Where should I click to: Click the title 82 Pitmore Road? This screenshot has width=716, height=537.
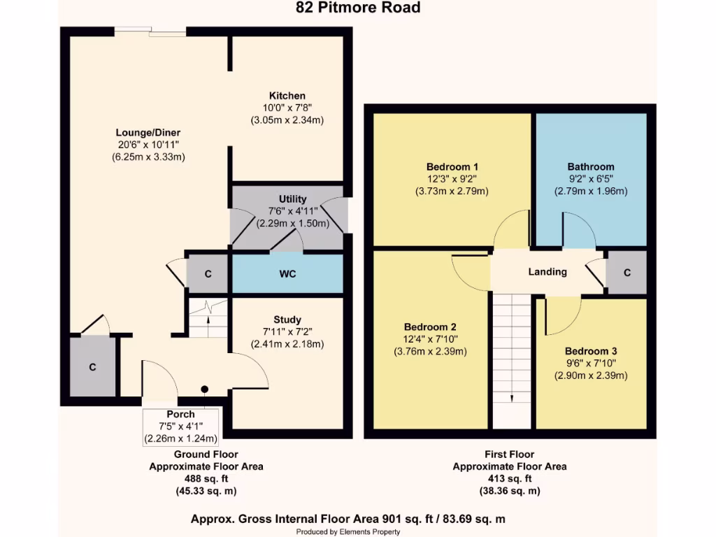[x=357, y=8]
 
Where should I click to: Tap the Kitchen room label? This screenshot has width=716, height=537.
[x=287, y=96]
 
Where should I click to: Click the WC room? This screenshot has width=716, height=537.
[x=287, y=274]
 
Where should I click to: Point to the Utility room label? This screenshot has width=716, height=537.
[x=292, y=199]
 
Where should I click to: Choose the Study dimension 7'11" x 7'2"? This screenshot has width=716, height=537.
[x=287, y=332]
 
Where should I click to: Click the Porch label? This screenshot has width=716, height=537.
[x=180, y=415]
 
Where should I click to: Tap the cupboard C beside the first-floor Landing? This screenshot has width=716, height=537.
[x=626, y=273]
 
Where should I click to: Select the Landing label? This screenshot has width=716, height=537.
[x=547, y=272]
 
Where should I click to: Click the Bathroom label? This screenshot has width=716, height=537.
[x=591, y=167]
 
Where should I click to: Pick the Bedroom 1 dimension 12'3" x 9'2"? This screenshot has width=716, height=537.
[x=452, y=179]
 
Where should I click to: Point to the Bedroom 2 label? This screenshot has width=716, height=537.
[x=430, y=327]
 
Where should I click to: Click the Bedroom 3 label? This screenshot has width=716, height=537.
[x=591, y=351]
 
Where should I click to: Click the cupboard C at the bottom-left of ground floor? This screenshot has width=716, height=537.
[x=92, y=367]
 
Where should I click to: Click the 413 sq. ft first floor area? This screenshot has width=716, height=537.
[x=509, y=479]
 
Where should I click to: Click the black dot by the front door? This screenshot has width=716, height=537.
[x=205, y=389]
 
